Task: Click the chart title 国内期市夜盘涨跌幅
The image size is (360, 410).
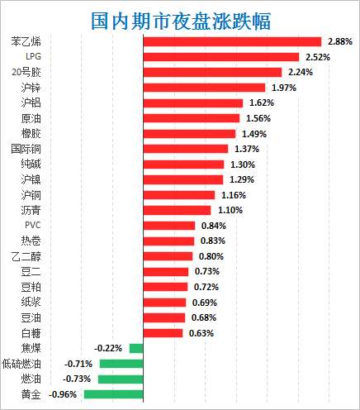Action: (180, 17)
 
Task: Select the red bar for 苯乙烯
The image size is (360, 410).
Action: (232, 41)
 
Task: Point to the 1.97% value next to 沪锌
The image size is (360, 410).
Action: (281, 88)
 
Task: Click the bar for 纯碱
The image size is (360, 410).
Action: (183, 164)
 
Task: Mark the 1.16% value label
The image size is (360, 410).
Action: (231, 195)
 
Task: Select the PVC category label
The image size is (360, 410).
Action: (32, 225)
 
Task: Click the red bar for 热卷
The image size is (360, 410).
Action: (169, 241)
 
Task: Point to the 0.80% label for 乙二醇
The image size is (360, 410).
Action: (211, 256)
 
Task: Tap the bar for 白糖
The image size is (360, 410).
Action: (163, 333)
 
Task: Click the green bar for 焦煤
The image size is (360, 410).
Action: (136, 348)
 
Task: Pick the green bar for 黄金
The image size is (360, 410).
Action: (114, 394)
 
